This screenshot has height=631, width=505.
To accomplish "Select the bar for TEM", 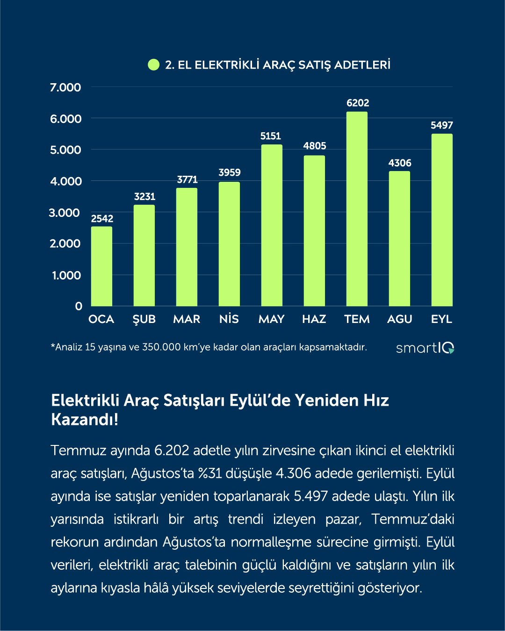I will coord(357,209).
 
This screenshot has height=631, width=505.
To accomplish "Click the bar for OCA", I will coord(101,266).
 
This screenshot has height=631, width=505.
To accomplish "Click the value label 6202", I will coord(358,103).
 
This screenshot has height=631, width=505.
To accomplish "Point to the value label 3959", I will coord(230,172).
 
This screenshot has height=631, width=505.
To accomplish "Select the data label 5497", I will coord(442,125).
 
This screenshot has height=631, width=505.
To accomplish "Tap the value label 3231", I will coord(144,197).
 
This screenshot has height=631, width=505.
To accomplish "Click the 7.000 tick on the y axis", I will coord(65,87).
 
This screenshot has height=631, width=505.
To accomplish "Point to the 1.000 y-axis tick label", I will coord(66,275).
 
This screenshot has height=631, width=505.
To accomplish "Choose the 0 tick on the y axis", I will coord(79,306).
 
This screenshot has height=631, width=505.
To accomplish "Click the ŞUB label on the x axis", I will coord(144,319).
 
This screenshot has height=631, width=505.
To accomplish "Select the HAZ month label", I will coord(314,319).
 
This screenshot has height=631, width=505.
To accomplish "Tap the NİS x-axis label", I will coord(229,319).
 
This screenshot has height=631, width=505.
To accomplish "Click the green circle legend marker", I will coord(153,65).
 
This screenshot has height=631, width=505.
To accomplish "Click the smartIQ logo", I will coord(425,348).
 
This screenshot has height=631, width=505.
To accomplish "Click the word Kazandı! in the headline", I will coord(85,419).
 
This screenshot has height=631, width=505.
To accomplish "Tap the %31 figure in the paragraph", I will coord(209,473).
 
